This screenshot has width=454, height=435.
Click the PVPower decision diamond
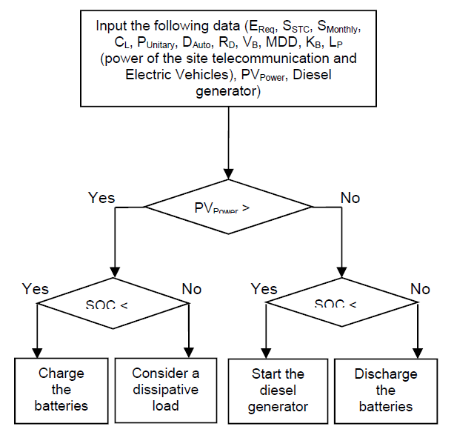tap(227, 209)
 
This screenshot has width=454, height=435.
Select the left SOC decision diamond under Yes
tap(113, 305)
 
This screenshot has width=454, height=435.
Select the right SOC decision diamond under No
tap(341, 305)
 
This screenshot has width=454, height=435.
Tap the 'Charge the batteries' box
tap(62, 389)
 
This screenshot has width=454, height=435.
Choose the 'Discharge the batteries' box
tap(386, 389)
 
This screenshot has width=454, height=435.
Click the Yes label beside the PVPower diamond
tap(102, 197)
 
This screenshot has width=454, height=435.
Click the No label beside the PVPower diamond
tap(350, 197)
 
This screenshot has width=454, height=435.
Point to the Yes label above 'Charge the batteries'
tap(36, 288)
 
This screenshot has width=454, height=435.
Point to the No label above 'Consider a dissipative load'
tap(192, 288)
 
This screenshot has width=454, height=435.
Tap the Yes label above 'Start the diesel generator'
tap(264, 288)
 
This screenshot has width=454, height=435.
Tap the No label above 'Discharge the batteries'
tap(420, 288)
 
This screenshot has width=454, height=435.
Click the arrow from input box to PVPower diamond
tap(227, 141)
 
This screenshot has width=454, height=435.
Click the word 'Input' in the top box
tap(111, 25)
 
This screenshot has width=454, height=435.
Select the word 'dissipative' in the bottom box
tap(166, 390)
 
